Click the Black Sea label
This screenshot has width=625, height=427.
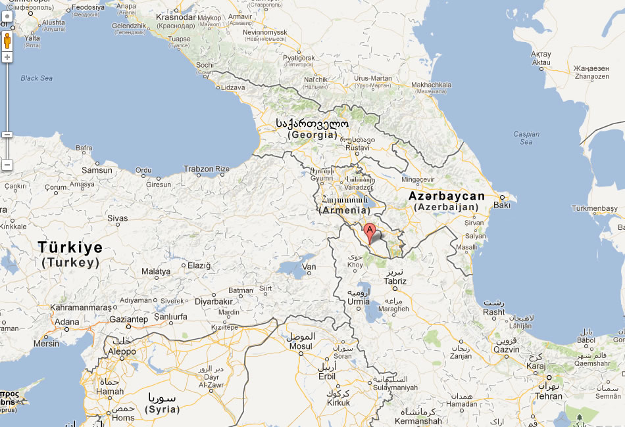36,78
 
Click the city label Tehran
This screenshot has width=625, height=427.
548,396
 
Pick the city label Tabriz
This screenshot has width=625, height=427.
395,281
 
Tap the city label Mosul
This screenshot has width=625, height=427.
301,346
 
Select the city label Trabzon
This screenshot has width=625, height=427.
199,169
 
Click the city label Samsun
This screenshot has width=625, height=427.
97,170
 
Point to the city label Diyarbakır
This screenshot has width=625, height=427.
214,302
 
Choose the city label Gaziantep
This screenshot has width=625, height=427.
128,319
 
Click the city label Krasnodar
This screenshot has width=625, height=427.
176,17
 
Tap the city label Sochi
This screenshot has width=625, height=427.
205,65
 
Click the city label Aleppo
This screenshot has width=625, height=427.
121,351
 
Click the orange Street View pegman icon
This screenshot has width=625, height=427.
7,41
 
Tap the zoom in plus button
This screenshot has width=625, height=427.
7,57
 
